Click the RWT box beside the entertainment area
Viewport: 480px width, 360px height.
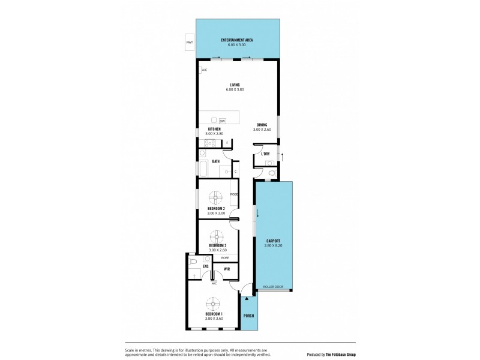190,43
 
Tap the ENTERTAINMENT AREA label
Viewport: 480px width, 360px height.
236,40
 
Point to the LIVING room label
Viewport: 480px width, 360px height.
235,85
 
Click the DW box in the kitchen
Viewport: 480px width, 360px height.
222,121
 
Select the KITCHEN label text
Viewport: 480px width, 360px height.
214,129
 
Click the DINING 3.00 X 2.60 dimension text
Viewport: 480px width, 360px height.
262,130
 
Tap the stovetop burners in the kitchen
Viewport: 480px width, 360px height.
210,143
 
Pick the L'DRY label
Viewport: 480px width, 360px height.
265,154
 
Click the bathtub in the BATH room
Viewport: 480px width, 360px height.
203,170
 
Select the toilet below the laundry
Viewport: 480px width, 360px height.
272,173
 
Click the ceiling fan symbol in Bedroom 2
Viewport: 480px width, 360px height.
215,196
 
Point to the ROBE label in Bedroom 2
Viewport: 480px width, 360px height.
233,193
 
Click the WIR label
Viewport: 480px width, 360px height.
227,269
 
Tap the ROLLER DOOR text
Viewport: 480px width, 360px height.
274,287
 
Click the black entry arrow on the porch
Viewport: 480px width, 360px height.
245,297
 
